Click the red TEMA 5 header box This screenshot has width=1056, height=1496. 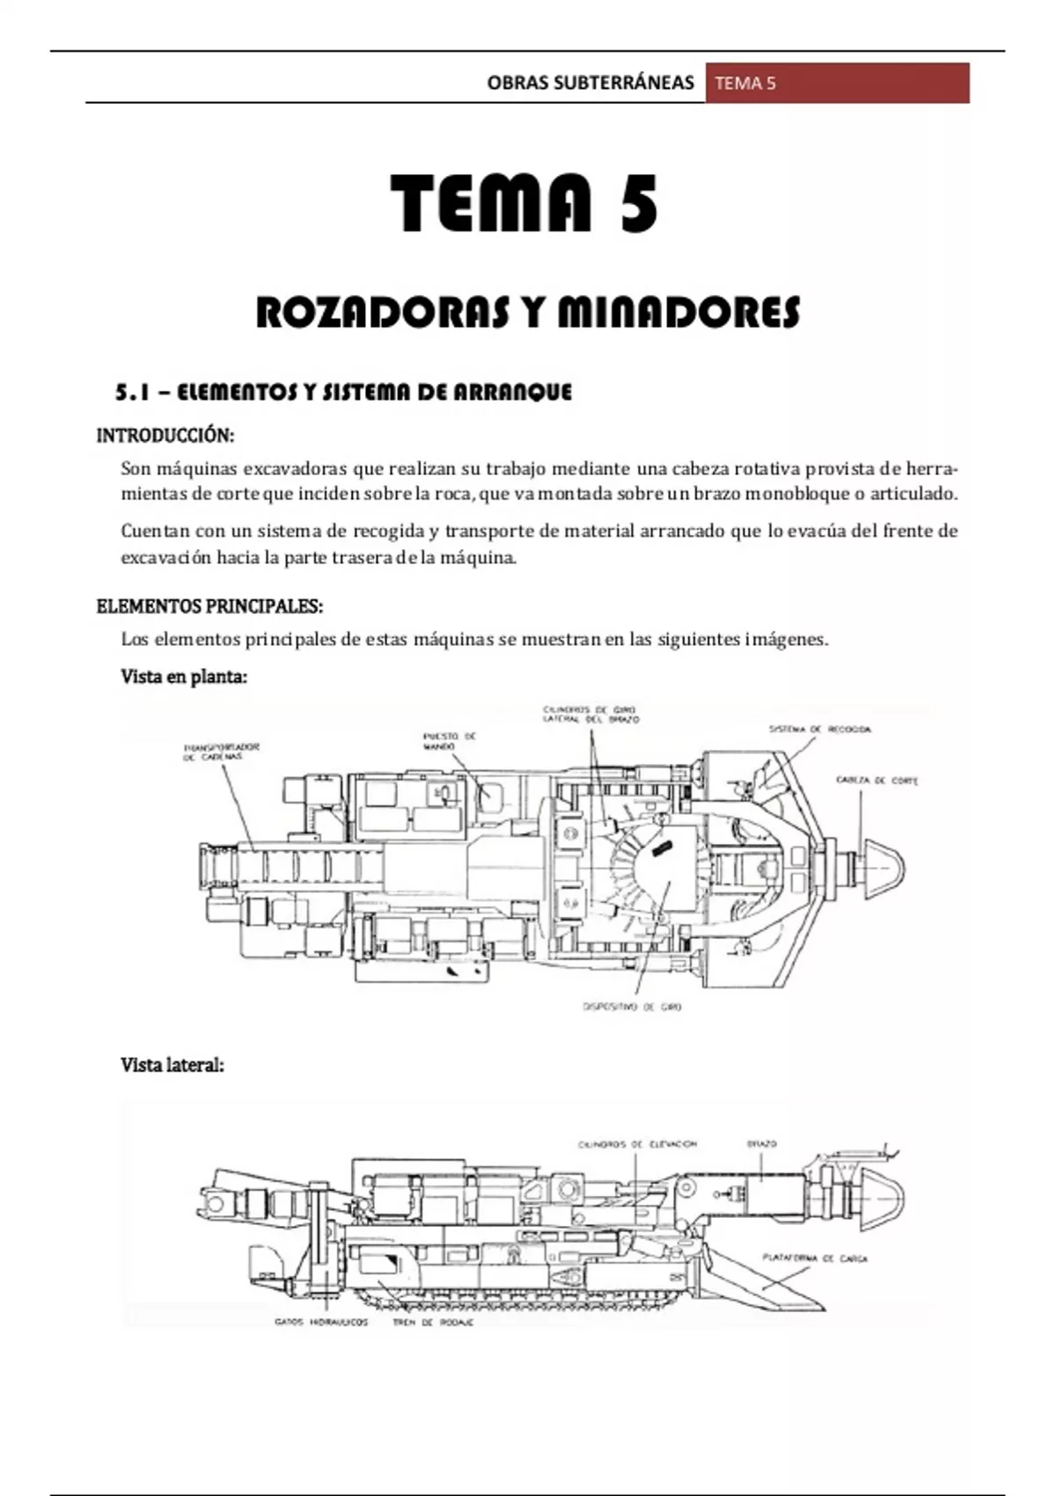pos(837,84)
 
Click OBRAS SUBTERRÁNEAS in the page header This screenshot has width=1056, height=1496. pos(590,84)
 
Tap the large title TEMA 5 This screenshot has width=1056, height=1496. pos(524,203)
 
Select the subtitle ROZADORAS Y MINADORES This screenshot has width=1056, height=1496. pos(528,313)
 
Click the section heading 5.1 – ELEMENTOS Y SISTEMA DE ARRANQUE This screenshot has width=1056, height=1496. pos(344,392)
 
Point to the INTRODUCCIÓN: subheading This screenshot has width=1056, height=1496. pos(165,436)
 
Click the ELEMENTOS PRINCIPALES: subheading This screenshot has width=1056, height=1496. pos(209,606)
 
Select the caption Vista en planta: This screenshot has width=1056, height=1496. pos(184,677)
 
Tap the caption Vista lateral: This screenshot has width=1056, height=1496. pos(172,1065)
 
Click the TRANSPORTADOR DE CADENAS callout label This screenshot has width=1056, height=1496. pos(221,752)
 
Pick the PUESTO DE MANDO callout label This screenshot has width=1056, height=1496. pos(449,741)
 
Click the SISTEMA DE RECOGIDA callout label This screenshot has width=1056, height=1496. pos(819,730)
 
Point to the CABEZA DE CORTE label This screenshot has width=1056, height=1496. pos(876,781)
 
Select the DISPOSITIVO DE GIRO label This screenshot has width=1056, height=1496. pos(632,1007)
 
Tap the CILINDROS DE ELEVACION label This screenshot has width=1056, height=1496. pos(637,1145)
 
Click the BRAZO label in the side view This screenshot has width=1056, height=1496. pos(761,1144)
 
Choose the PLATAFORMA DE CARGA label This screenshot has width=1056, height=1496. pos(815,1258)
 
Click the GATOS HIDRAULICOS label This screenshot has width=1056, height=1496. pos(321,1323)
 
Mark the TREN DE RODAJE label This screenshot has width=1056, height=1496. pos(433,1323)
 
